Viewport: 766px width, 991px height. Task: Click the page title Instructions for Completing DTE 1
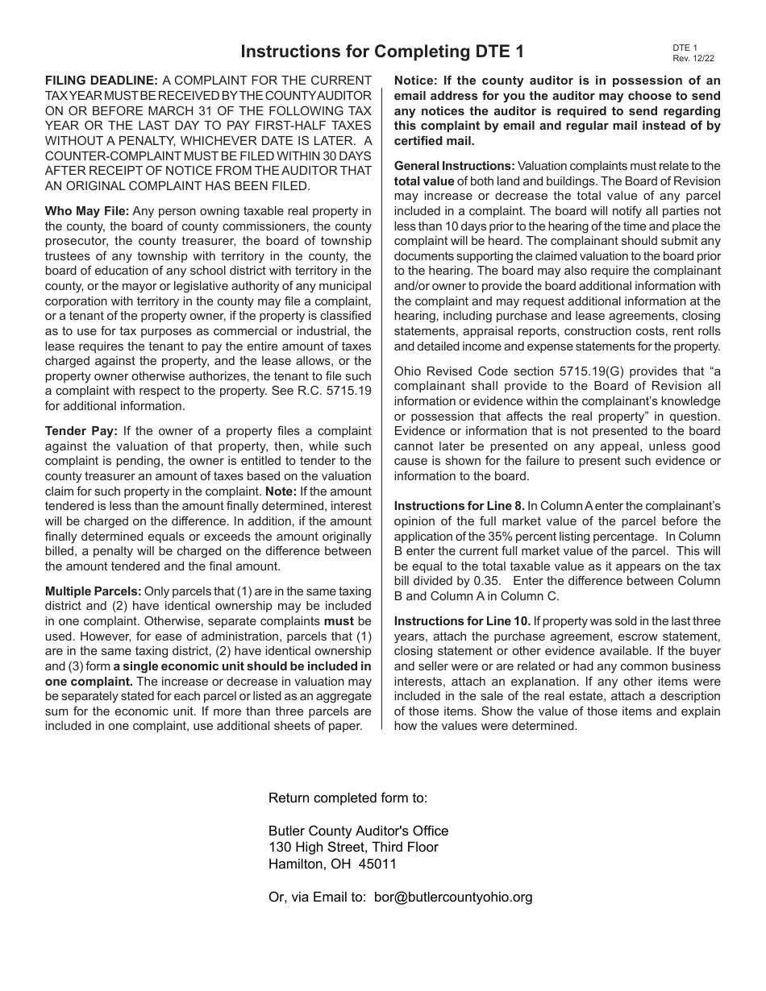coord(382,52)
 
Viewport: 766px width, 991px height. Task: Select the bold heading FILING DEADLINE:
coord(102,81)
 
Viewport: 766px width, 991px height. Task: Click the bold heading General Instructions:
coord(454,166)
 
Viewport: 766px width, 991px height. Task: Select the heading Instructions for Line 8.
coord(459,506)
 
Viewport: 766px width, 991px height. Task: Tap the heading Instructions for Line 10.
coord(462,621)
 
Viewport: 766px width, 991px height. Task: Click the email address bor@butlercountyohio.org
coord(453,897)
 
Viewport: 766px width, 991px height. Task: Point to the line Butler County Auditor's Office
coord(358,831)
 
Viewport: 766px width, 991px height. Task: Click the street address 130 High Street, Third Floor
coord(353,848)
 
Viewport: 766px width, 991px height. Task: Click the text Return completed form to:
coord(348,798)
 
